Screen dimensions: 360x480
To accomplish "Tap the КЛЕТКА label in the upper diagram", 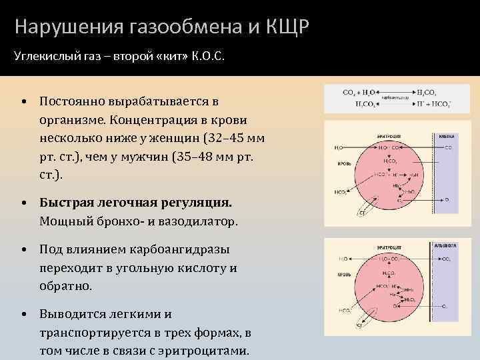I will click(x=446, y=135).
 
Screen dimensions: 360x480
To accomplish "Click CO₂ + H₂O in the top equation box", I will click(x=357, y=92).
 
